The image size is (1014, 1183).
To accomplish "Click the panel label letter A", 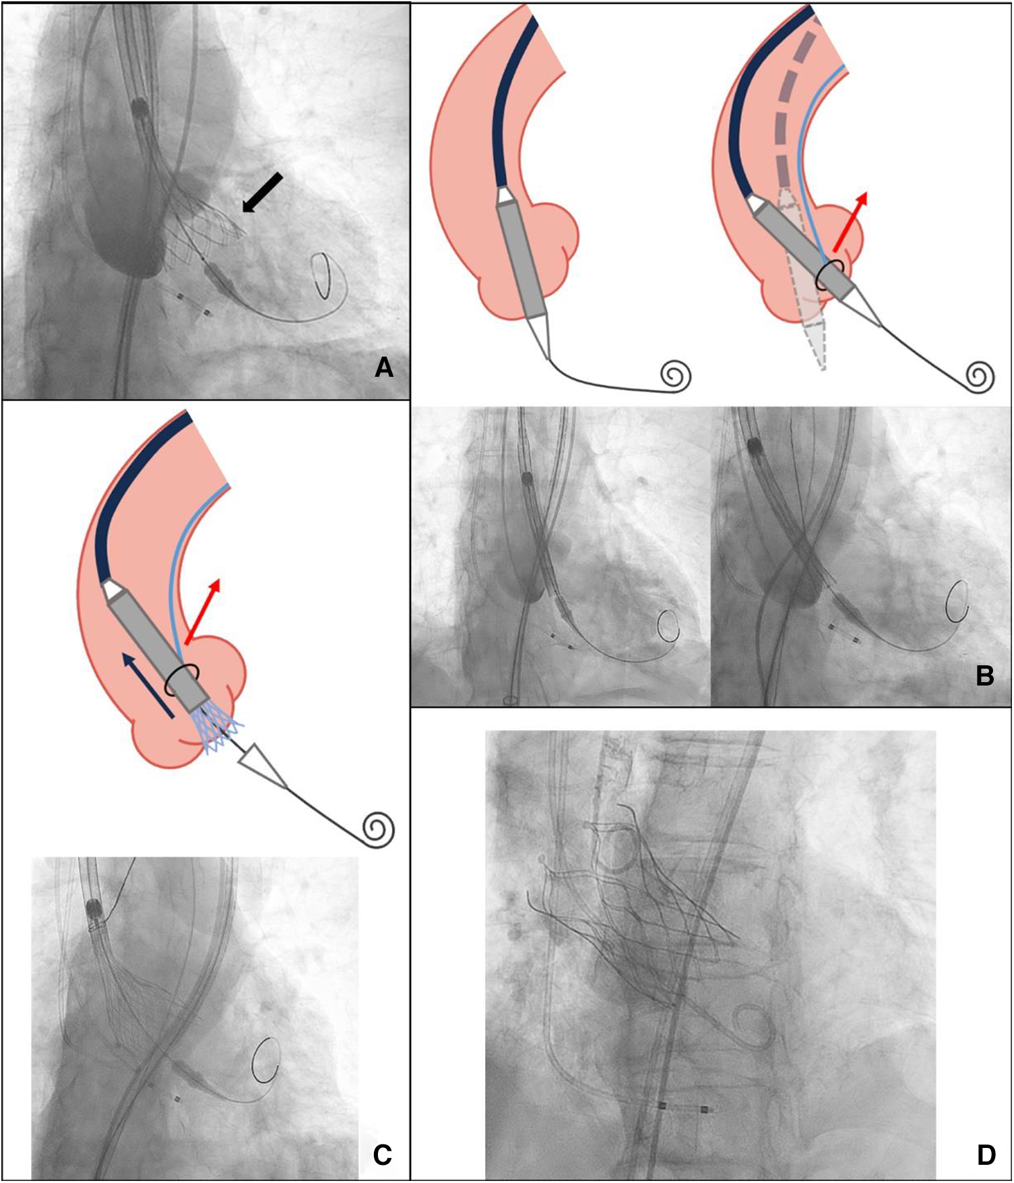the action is (x=383, y=367).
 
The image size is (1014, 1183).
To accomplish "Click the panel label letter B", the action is (x=984, y=675).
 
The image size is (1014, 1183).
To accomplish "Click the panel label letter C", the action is (x=382, y=1155).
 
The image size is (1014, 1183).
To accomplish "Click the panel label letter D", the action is (x=986, y=1155).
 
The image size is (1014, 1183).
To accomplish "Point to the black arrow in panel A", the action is (x=262, y=192).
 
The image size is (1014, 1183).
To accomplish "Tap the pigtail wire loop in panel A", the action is (x=324, y=276).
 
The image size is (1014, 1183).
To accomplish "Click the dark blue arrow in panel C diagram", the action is (x=150, y=684).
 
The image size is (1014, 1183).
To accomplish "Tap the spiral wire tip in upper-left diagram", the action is (x=676, y=376).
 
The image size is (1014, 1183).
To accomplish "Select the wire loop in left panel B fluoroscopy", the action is (x=669, y=626).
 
